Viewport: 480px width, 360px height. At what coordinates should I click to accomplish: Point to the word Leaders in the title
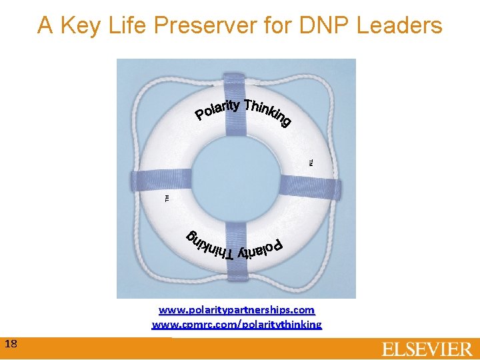pos(400,25)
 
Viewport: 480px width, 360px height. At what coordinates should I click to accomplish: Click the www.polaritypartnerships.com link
pos(237,310)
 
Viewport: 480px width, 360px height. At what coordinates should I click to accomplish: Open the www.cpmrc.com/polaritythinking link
pos(237,325)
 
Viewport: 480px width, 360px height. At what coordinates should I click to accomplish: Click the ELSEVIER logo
pos(427,349)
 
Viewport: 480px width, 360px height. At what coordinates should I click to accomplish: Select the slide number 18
pos(11,344)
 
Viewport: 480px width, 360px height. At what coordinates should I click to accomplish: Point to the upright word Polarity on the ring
pos(217,110)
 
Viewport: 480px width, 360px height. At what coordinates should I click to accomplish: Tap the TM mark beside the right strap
pos(310,162)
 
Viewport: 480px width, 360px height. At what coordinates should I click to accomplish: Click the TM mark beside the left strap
pos(167,197)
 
